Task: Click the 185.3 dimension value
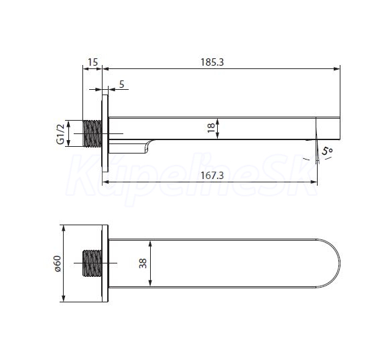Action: click(212, 62)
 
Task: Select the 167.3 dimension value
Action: click(212, 176)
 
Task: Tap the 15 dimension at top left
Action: click(92, 62)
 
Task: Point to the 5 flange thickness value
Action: click(121, 84)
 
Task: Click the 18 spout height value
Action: click(211, 128)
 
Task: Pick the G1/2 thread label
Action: click(60, 133)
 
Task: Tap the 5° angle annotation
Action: click(327, 151)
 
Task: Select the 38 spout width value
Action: click(143, 263)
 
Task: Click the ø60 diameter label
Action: click(58, 264)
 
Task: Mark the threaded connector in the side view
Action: click(92, 133)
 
